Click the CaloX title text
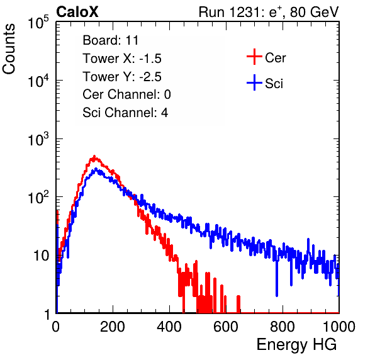tap(77, 12)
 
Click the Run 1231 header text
tap(269, 12)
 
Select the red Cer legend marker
tap(254, 57)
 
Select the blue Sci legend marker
tap(254, 82)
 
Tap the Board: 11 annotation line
tap(111, 40)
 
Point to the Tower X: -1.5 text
tap(122, 59)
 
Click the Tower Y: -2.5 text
tap(122, 77)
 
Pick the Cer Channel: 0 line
tap(126, 94)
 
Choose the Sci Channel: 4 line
tap(125, 113)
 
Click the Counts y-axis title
tap(9, 49)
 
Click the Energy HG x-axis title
tap(296, 344)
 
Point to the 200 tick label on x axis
tap(113, 327)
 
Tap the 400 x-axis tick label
tap(169, 327)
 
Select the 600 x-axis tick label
tap(226, 327)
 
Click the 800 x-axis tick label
tap(283, 327)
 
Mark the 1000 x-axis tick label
tap(339, 327)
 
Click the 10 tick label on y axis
tap(42, 256)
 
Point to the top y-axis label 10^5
tap(38, 22)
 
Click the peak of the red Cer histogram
tap(94, 157)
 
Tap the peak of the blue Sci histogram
tap(96, 169)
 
